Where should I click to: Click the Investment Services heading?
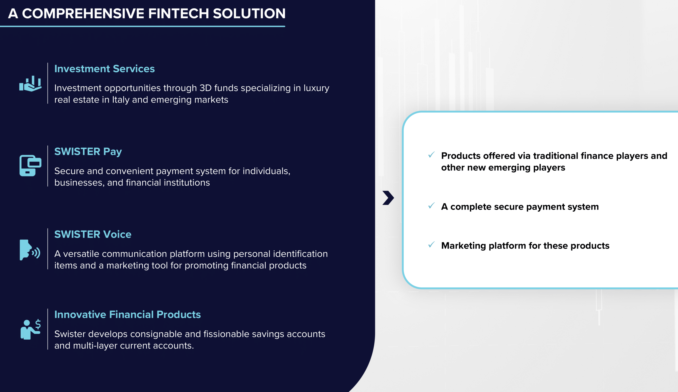pyautogui.click(x=104, y=69)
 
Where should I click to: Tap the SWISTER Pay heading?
pyautogui.click(x=88, y=152)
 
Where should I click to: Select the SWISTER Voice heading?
pyautogui.click(x=93, y=234)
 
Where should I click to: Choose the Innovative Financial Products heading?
pyautogui.click(x=128, y=314)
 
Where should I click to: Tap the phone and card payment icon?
pyautogui.click(x=30, y=165)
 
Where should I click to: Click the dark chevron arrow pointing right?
pyautogui.click(x=388, y=198)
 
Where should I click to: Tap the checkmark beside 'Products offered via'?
pyautogui.click(x=431, y=155)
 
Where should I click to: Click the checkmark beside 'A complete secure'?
pyautogui.click(x=431, y=206)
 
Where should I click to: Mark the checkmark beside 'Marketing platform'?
pyautogui.click(x=431, y=245)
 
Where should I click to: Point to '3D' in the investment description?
pyautogui.click(x=205, y=88)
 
